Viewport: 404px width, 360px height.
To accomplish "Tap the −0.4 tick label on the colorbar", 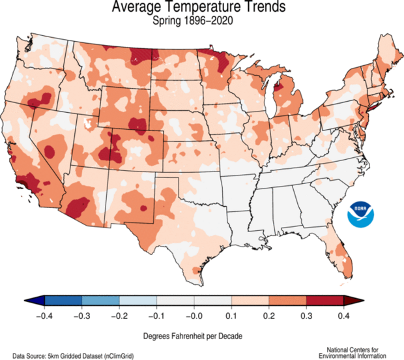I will point(44,315).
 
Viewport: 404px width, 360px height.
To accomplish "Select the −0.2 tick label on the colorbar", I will point(119,315).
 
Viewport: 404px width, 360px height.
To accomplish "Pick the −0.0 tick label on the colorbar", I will point(194,315).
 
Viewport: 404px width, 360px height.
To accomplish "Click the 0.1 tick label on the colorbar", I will point(233,315).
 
